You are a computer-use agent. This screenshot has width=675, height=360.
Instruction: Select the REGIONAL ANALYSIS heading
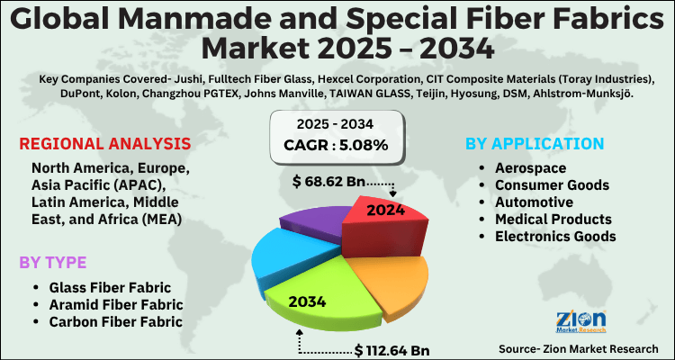[104, 144]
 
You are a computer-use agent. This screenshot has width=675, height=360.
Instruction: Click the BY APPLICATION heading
[535, 144]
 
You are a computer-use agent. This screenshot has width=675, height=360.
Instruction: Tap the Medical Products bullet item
[553, 219]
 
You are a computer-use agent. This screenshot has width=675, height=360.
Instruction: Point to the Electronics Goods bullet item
[556, 236]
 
